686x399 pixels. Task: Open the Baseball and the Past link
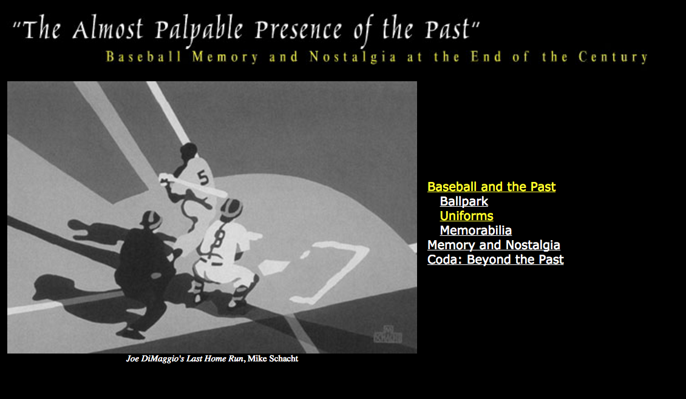[x=491, y=187]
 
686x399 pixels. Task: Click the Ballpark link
[x=464, y=201]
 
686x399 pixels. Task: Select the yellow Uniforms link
[x=466, y=215]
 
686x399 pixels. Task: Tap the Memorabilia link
[x=475, y=230]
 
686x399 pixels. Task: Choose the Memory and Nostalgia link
[x=494, y=245]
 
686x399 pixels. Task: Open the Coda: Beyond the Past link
[x=495, y=259]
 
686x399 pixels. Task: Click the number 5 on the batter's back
[x=203, y=178]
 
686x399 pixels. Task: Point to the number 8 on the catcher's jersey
[x=220, y=240]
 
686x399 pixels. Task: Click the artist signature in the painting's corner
[x=387, y=334]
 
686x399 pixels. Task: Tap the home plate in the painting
[x=273, y=267]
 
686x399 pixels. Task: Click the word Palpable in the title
[x=199, y=30]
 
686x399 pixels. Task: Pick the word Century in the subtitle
[x=613, y=57]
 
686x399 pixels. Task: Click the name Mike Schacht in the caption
[x=273, y=359]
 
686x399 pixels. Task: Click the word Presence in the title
[x=298, y=30]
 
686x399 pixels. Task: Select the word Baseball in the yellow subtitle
[x=143, y=57]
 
